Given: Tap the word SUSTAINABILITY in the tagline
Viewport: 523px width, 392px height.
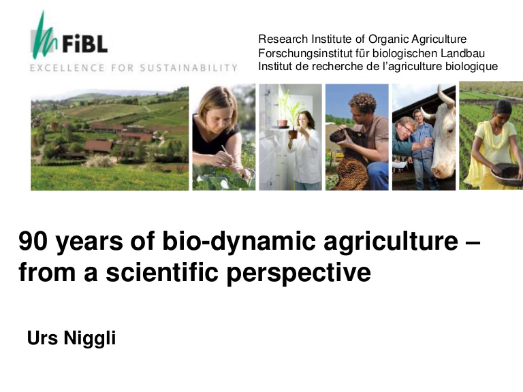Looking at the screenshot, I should tap(189, 68).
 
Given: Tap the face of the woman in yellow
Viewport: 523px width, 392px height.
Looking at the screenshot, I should tap(503, 111).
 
